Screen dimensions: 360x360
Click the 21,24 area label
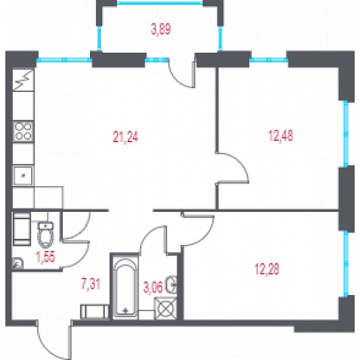pos(125,137)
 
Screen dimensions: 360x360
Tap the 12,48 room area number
pos(281,135)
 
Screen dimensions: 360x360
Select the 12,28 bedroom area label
pos(267,269)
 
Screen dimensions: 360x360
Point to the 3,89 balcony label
pos(161,29)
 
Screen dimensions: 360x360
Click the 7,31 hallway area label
pos(91,284)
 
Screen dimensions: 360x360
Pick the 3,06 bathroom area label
pos(153,287)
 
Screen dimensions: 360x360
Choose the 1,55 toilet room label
pos(46,256)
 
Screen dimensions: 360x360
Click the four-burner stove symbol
pos(23,131)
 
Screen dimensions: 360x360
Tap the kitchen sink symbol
pos(23,176)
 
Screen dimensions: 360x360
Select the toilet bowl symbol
pos(46,234)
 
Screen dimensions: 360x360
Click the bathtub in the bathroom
pos(125,287)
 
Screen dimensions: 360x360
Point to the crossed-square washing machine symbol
pos(166,309)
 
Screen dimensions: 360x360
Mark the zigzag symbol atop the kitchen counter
pos(23,80)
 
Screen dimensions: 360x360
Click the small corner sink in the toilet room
pos(18,263)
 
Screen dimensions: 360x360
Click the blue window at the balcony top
pos(160,3)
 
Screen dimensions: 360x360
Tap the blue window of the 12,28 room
pos(346,264)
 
